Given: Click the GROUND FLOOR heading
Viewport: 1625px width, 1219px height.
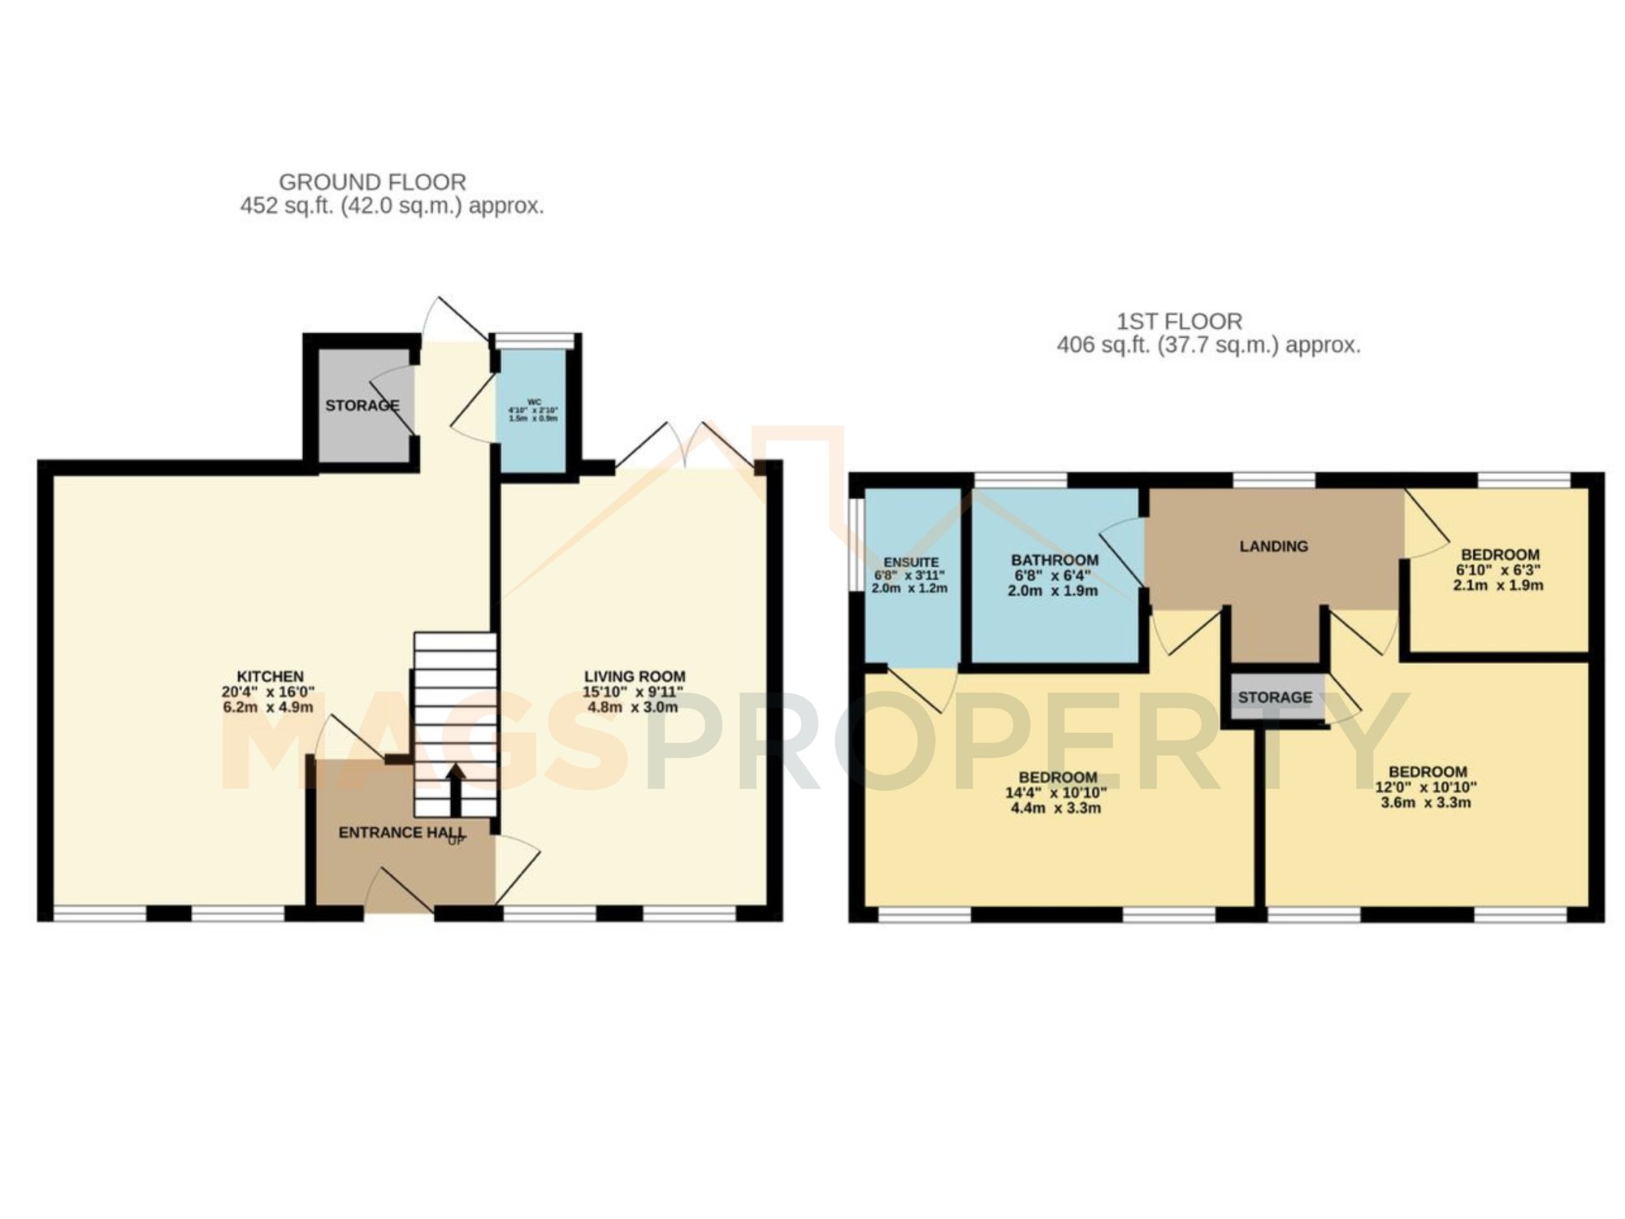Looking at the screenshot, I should click(372, 182).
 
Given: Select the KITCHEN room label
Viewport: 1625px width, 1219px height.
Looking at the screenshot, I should click(270, 676).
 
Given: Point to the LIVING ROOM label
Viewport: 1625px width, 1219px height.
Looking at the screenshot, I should click(635, 676).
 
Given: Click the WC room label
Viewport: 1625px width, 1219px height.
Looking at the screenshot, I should click(534, 401).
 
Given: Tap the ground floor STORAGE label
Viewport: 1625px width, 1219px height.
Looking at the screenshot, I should click(362, 406).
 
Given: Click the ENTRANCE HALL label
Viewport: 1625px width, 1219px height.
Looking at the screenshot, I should click(401, 832).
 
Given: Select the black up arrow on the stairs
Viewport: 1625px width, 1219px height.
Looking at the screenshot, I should click(455, 788).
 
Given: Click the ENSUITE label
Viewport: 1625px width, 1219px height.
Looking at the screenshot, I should click(911, 562).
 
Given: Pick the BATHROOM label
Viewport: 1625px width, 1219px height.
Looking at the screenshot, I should click(1055, 560).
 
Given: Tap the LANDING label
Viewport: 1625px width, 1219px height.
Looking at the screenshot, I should click(1273, 546).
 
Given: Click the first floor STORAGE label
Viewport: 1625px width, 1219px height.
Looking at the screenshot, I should click(1275, 697).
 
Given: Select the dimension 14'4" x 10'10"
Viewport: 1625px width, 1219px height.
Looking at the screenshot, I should click(1055, 792).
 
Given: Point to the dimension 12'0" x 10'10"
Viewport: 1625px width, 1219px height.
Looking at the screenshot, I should click(1428, 787).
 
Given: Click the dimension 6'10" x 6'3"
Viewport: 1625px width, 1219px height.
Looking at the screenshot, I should click(1497, 570).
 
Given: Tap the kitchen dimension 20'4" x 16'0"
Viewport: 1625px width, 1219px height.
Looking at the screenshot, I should click(270, 692).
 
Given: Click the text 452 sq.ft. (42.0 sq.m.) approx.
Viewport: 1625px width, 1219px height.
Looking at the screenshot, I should click(392, 206).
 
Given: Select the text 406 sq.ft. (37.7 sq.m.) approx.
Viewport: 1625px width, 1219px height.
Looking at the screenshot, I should click(1208, 345).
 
